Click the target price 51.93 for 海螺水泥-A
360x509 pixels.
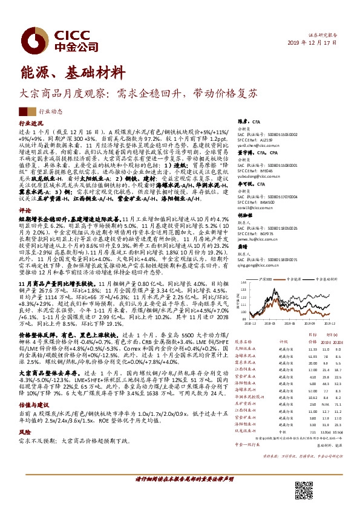click(311, 357)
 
